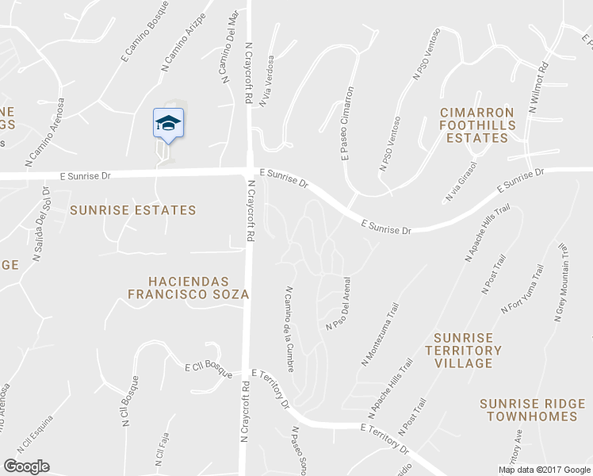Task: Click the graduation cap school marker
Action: click(x=168, y=123)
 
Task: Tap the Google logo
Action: click(x=26, y=466)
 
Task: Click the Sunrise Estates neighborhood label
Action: click(x=132, y=210)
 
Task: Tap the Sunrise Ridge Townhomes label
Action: click(x=529, y=410)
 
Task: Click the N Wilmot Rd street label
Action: click(x=538, y=86)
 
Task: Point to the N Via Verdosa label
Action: click(x=266, y=80)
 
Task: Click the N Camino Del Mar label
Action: click(x=227, y=44)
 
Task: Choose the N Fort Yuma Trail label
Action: click(x=522, y=290)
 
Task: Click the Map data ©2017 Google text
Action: click(x=544, y=470)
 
